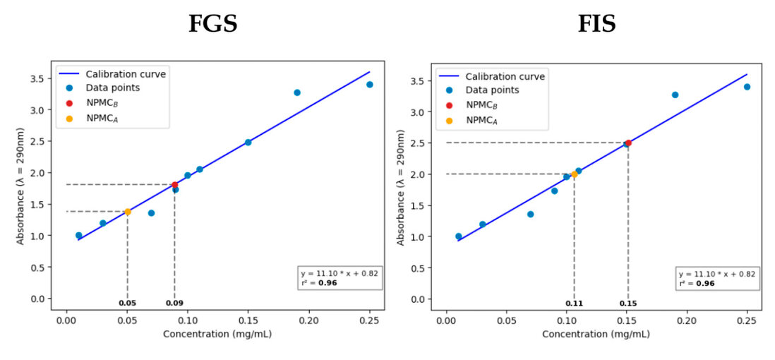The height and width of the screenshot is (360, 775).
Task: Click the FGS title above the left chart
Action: coord(212,24)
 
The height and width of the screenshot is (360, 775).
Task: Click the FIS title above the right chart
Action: coord(596,24)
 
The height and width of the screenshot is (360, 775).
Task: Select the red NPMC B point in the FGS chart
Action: coord(175,185)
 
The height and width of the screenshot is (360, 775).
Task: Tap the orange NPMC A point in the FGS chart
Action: coord(128,212)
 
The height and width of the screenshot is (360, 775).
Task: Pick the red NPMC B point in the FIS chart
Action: coord(628,143)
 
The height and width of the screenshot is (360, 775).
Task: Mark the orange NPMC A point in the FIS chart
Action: coord(575,174)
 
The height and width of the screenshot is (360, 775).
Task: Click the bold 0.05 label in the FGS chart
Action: coord(127,303)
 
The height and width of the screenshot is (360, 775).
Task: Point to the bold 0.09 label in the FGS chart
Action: coord(174,303)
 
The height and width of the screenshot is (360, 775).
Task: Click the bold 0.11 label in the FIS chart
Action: coord(574,304)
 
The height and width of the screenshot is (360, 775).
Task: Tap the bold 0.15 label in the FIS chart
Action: coord(628,304)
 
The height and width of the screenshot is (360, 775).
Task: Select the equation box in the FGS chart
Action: coord(341,277)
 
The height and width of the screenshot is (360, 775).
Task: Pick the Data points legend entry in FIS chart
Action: coord(492,90)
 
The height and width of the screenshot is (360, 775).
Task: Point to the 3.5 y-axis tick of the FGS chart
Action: coord(42,78)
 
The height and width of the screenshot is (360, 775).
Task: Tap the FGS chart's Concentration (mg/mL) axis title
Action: coord(217,334)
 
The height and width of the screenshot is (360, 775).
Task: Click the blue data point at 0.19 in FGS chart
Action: coord(297,92)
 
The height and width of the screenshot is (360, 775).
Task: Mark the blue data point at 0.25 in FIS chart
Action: coord(747,87)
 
